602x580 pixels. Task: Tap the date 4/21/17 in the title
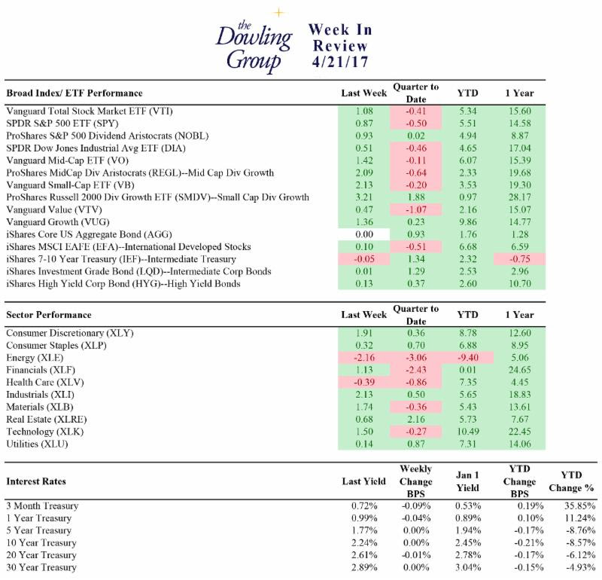(x=340, y=62)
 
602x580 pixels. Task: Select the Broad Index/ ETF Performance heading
(x=74, y=93)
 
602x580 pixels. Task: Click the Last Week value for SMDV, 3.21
(x=364, y=197)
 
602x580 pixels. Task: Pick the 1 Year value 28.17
(x=520, y=197)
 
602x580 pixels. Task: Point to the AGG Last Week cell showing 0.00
(x=364, y=234)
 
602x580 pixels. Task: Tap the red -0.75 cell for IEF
(x=520, y=259)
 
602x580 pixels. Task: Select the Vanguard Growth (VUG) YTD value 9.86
(x=468, y=221)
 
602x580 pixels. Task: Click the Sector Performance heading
(x=49, y=315)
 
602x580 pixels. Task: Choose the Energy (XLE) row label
(x=35, y=358)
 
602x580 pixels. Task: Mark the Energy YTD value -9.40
(x=468, y=358)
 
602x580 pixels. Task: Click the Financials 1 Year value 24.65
(x=520, y=370)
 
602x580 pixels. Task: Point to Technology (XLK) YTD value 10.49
(x=468, y=432)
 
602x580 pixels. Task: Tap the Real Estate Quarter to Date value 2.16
(x=416, y=419)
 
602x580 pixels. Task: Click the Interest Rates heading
(x=36, y=481)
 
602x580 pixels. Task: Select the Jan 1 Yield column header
(x=467, y=481)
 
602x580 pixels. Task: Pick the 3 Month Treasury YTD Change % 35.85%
(x=579, y=506)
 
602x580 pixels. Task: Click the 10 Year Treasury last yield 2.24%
(x=364, y=543)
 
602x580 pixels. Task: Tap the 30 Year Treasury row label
(x=41, y=567)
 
